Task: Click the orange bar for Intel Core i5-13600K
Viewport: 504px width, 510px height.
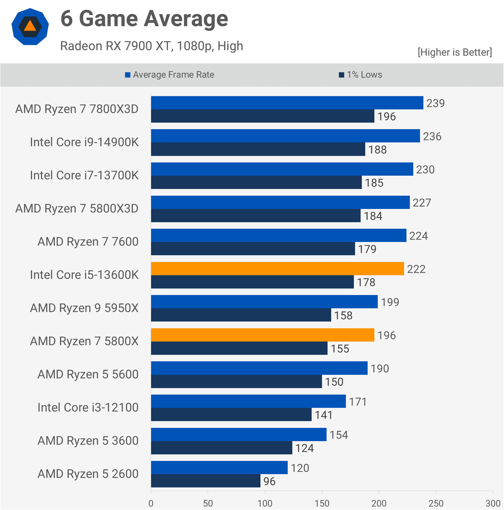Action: point(277,269)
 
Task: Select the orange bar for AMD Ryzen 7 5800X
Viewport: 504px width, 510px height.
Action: point(262,335)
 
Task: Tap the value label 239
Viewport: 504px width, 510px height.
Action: point(435,103)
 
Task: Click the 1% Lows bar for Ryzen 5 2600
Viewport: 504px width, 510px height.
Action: point(205,481)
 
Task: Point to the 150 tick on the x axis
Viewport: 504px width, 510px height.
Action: point(322,503)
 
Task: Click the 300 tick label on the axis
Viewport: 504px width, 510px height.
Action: point(493,503)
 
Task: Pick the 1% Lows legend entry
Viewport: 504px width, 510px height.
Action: point(360,75)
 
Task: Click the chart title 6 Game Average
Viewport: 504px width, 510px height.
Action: point(144,19)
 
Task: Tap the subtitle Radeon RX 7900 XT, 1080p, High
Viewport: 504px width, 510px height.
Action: point(152,46)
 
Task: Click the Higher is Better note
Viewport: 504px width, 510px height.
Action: point(455,52)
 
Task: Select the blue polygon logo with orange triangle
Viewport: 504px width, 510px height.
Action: point(30,27)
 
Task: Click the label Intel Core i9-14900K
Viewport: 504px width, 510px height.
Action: point(84,142)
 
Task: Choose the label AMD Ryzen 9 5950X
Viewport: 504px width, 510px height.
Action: point(84,308)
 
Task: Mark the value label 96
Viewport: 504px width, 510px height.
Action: point(269,481)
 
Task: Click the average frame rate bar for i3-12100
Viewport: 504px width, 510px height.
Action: point(248,401)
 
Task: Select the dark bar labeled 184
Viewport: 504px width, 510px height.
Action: point(255,216)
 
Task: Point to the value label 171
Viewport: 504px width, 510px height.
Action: point(358,402)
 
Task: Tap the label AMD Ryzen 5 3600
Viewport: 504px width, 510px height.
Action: point(88,441)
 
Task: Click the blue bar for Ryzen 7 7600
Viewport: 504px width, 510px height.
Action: point(278,236)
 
